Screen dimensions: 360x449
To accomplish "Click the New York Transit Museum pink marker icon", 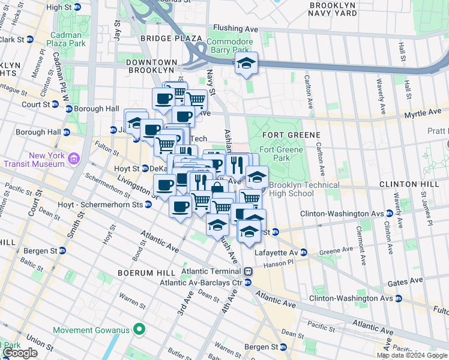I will coord(73,158).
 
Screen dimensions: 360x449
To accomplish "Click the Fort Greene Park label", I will coord(278,154).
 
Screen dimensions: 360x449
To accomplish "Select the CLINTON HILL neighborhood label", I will coord(412,184).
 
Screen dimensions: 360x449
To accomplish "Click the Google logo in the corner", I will coord(20,353).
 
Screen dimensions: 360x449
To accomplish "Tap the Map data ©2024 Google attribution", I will coord(411,355).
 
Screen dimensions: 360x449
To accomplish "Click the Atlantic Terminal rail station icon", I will coord(248,271).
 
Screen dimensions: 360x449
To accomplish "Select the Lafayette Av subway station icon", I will coord(304,253).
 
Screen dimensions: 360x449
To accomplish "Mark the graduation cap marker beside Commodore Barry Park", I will coord(246,62).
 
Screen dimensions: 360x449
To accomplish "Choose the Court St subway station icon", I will coord(55,104).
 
